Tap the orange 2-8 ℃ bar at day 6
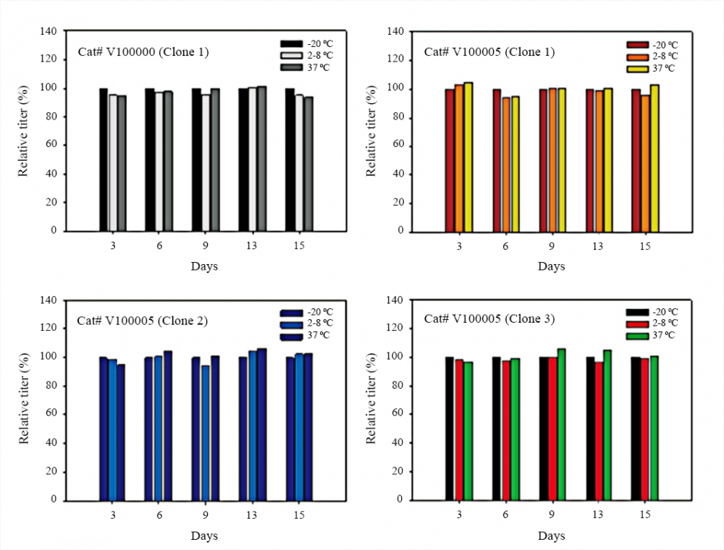click(x=505, y=164)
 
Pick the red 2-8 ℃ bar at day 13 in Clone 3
click(x=599, y=431)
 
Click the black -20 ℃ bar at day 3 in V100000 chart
click(x=104, y=159)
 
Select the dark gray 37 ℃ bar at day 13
click(x=261, y=158)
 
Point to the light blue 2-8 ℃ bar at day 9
click(x=206, y=433)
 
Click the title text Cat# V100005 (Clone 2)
click(x=143, y=321)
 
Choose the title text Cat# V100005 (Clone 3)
click(x=489, y=319)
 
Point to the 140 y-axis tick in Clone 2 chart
click(x=47, y=300)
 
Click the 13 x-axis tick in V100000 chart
click(x=251, y=246)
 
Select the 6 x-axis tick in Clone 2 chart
click(x=159, y=515)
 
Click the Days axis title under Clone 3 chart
click(x=551, y=536)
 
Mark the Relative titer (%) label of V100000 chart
click(x=24, y=130)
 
